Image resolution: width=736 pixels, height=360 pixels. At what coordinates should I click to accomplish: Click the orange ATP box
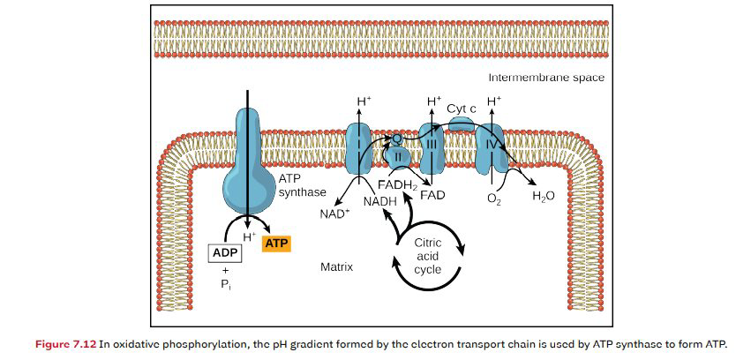[x=278, y=242]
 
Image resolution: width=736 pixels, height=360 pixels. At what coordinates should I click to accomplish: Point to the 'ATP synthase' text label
[x=303, y=184]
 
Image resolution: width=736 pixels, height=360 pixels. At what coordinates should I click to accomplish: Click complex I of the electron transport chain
[x=359, y=146]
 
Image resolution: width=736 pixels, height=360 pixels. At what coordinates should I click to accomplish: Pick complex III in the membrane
[x=432, y=148]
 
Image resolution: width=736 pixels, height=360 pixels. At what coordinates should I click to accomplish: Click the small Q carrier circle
[x=398, y=139]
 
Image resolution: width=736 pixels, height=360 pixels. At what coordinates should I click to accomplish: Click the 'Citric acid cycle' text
[x=427, y=255]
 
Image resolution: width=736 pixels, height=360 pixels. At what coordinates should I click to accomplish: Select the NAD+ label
[x=333, y=214]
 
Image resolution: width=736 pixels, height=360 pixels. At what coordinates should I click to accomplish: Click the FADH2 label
[x=396, y=185]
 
